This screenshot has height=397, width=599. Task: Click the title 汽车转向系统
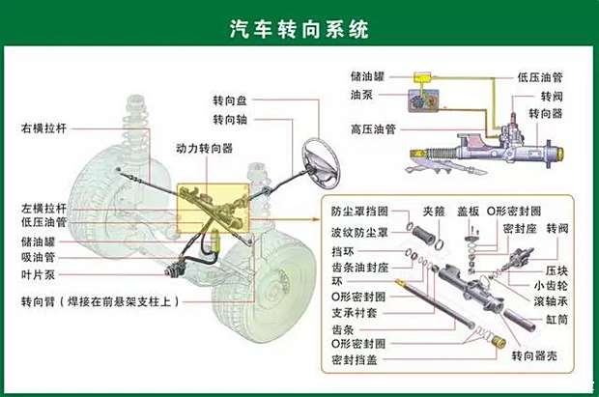(x=299, y=28)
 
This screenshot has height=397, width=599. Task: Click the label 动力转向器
(x=204, y=149)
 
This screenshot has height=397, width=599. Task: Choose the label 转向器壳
(x=533, y=357)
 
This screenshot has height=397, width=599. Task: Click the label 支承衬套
(x=354, y=311)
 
